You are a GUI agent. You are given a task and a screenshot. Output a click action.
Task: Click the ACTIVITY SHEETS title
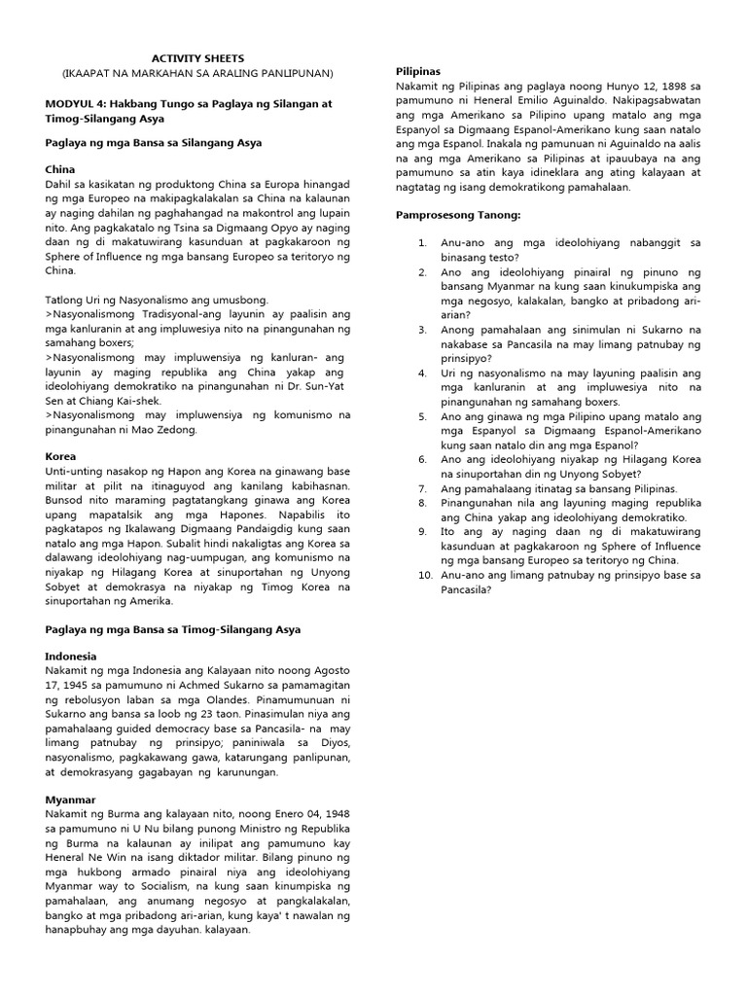tap(197, 57)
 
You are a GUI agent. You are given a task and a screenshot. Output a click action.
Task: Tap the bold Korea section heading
tap(60, 455)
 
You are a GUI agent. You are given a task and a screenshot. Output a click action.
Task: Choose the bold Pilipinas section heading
tap(418, 72)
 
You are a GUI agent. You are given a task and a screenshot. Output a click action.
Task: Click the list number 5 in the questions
tap(422, 415)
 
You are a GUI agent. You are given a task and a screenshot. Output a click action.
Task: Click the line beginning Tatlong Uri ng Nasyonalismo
tap(157, 301)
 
